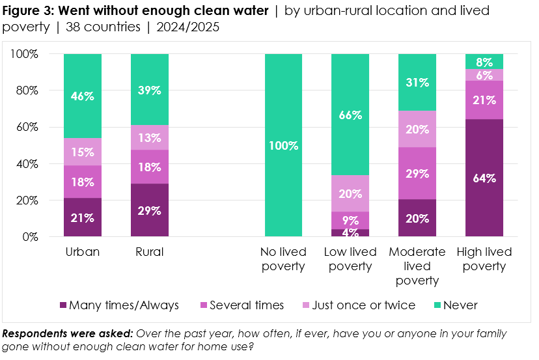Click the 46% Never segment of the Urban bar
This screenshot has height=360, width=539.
click(x=83, y=96)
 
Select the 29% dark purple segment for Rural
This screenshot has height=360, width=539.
click(x=150, y=210)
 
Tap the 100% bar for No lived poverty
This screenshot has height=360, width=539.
click(x=284, y=145)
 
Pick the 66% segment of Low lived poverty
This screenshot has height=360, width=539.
click(x=351, y=115)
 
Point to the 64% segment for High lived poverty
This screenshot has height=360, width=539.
click(x=485, y=178)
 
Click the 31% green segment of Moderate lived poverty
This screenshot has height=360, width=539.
click(x=417, y=83)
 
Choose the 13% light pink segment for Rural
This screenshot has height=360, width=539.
click(x=150, y=137)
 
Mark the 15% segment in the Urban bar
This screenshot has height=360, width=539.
click(x=83, y=152)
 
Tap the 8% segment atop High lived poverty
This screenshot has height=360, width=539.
click(x=485, y=61)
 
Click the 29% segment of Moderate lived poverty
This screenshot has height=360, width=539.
click(x=417, y=174)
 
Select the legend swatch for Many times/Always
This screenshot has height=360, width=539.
click(x=63, y=305)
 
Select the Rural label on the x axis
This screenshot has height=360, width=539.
click(x=150, y=252)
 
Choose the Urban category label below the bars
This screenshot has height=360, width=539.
click(x=83, y=252)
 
